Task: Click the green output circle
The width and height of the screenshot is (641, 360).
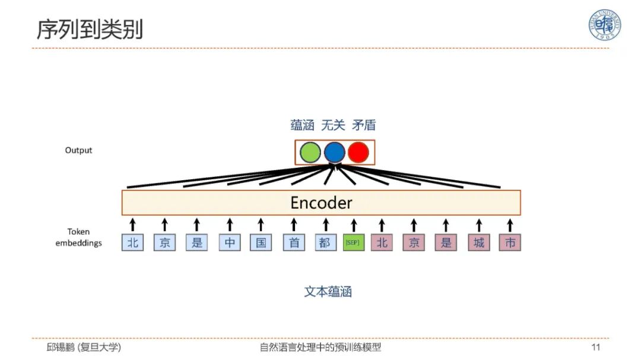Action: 310,152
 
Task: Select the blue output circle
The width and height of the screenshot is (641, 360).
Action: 334,152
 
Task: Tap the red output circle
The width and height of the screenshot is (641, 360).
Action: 358,152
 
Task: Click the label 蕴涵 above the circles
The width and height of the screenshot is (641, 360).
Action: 302,125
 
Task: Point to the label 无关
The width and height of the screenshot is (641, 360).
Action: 333,125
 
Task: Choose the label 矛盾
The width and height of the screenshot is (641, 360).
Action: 364,125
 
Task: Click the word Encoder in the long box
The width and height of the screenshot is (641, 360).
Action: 321,203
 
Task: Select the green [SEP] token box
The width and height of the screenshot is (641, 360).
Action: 353,243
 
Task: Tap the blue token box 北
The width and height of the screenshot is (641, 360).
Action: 132,243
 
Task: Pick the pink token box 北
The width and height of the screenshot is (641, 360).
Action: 382,243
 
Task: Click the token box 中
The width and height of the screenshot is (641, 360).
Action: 229,243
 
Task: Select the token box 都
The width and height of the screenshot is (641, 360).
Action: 326,243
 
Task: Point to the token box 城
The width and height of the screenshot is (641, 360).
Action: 478,243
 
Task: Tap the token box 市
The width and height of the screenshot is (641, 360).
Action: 510,243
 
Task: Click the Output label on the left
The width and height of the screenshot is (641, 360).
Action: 78,151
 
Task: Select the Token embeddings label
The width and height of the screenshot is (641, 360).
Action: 78,238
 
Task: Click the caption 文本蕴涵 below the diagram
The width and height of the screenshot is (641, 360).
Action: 328,292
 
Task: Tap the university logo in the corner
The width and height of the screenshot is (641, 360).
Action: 604,25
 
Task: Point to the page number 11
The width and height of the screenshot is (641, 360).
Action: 596,347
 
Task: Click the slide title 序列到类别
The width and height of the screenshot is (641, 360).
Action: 90,29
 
